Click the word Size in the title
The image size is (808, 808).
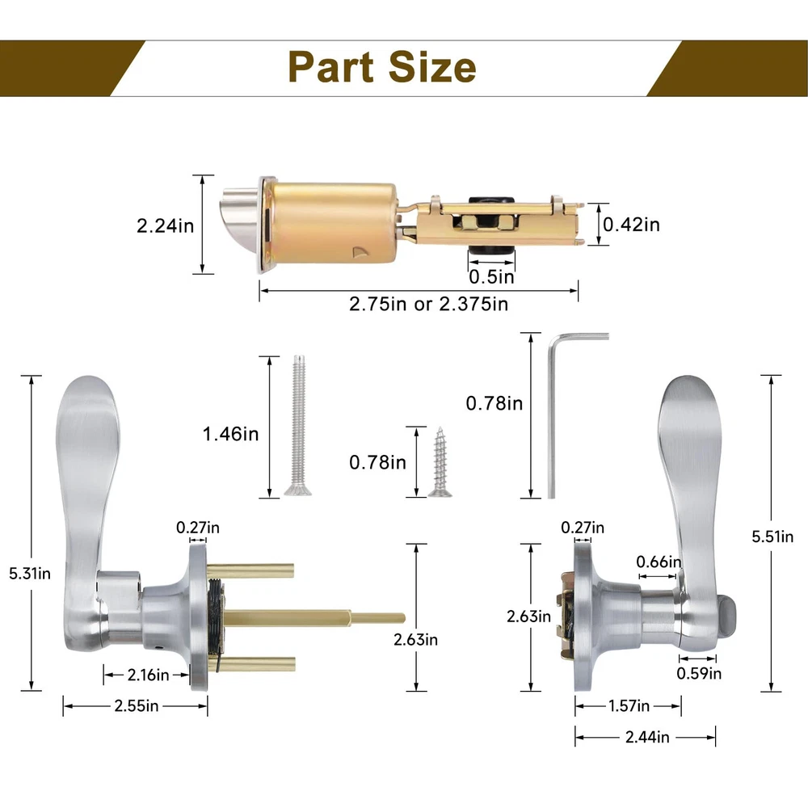pos(431,67)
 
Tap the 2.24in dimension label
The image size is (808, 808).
pos(165,225)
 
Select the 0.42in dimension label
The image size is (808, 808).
pos(631,225)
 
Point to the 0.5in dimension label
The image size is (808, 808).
pos(491,277)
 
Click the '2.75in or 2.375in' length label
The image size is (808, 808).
pos(429,304)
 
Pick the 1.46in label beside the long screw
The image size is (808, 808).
pos(230,434)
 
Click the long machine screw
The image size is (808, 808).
pos(298,426)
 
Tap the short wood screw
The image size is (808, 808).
pos(440,462)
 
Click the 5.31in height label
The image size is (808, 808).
pos(30,574)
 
